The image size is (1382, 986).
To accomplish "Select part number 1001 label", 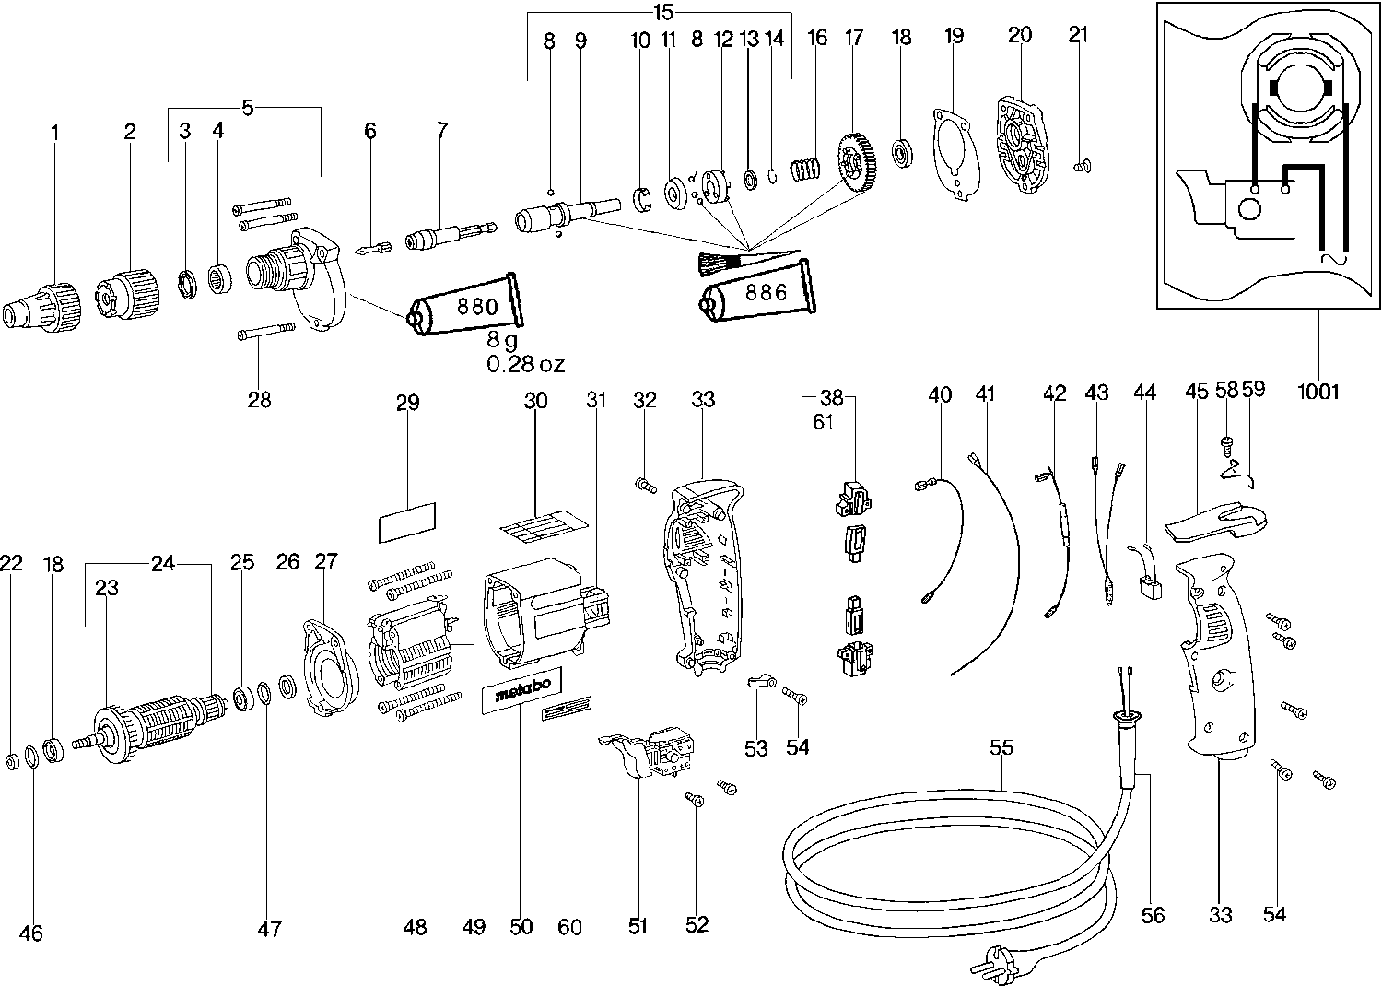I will click(1318, 391).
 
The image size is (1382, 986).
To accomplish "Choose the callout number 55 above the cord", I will click(1001, 747).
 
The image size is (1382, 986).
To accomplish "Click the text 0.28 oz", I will click(525, 364).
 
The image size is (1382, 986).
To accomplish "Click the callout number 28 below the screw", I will click(260, 399).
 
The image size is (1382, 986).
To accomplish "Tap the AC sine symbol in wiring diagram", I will click(1332, 261).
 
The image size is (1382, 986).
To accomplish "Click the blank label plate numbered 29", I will click(407, 522).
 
